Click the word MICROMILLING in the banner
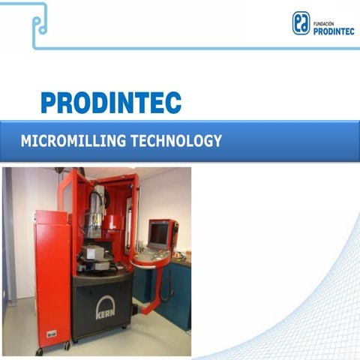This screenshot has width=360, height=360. coord(73,141)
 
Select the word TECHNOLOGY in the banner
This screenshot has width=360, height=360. coord(175,141)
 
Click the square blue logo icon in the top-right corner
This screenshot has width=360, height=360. coord(301,22)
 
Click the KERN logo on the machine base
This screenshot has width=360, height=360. coord(106,307)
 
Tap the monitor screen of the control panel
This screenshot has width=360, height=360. coord(158,234)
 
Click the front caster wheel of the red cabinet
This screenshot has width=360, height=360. coord(67,346)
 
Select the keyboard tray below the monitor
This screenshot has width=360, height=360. coord(152,256)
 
